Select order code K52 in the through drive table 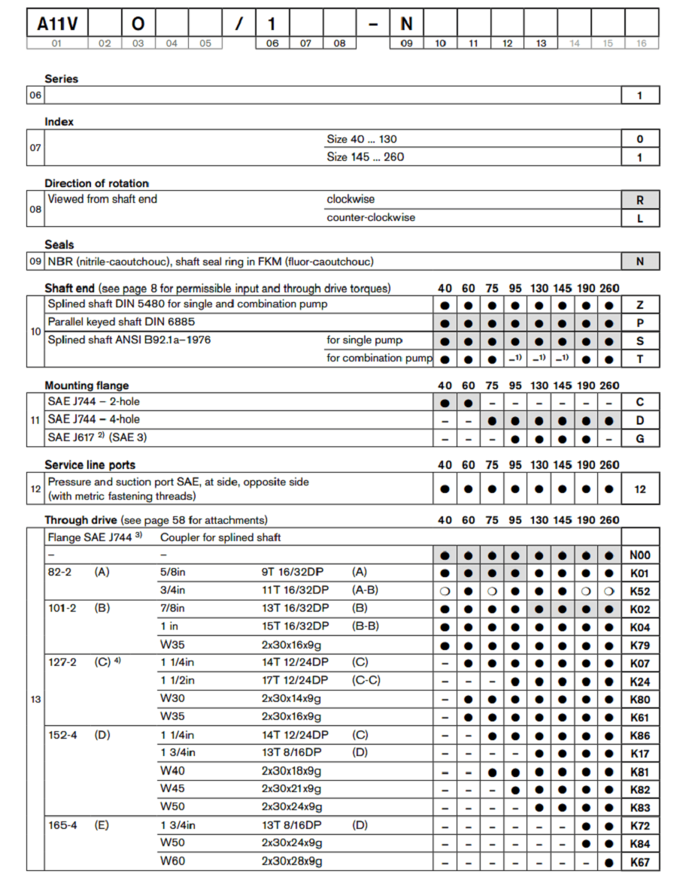[x=639, y=591]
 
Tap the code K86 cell [x=639, y=736]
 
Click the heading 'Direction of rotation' [x=96, y=183]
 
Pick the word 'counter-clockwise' [x=370, y=218]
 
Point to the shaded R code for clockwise [x=640, y=200]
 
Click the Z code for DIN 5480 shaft [x=640, y=305]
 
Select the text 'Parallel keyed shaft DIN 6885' [x=121, y=322]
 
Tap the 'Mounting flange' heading [x=86, y=386]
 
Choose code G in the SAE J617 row [x=640, y=438]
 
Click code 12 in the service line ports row [x=640, y=489]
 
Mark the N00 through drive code [x=639, y=555]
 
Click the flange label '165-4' [x=62, y=825]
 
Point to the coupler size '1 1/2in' [x=178, y=681]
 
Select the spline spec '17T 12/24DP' [x=295, y=681]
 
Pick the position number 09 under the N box [x=406, y=44]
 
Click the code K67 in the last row [x=639, y=862]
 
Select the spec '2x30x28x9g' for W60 [x=292, y=861]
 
